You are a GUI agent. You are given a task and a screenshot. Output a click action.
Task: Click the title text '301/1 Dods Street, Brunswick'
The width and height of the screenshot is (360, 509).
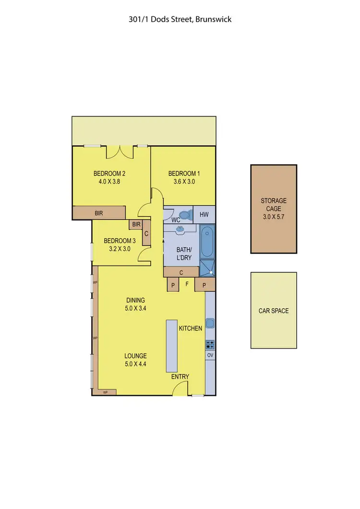pos(180,20)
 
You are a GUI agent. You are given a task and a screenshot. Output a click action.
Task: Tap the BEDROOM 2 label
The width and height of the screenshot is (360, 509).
pos(109,174)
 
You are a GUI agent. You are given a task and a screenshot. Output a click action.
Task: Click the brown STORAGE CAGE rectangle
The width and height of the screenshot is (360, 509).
pos(273,209)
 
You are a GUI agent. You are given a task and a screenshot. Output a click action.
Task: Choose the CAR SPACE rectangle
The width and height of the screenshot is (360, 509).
pos(274,311)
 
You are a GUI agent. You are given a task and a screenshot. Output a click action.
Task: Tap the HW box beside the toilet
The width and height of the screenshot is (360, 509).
pos(204,215)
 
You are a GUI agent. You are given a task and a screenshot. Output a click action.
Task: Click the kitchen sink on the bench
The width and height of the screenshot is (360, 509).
pos(210,323)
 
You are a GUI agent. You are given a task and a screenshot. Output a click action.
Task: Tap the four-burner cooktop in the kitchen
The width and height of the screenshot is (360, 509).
pos(210,344)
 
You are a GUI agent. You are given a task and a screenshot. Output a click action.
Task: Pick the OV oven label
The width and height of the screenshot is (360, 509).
pos(210,355)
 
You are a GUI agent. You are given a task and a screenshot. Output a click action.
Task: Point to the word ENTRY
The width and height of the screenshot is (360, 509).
pos(180,377)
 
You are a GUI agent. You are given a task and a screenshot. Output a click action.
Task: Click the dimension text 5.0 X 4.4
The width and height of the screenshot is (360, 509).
pos(135,364)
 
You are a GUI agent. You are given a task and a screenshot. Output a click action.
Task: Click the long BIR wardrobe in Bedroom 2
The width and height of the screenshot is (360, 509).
pos(99,212)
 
